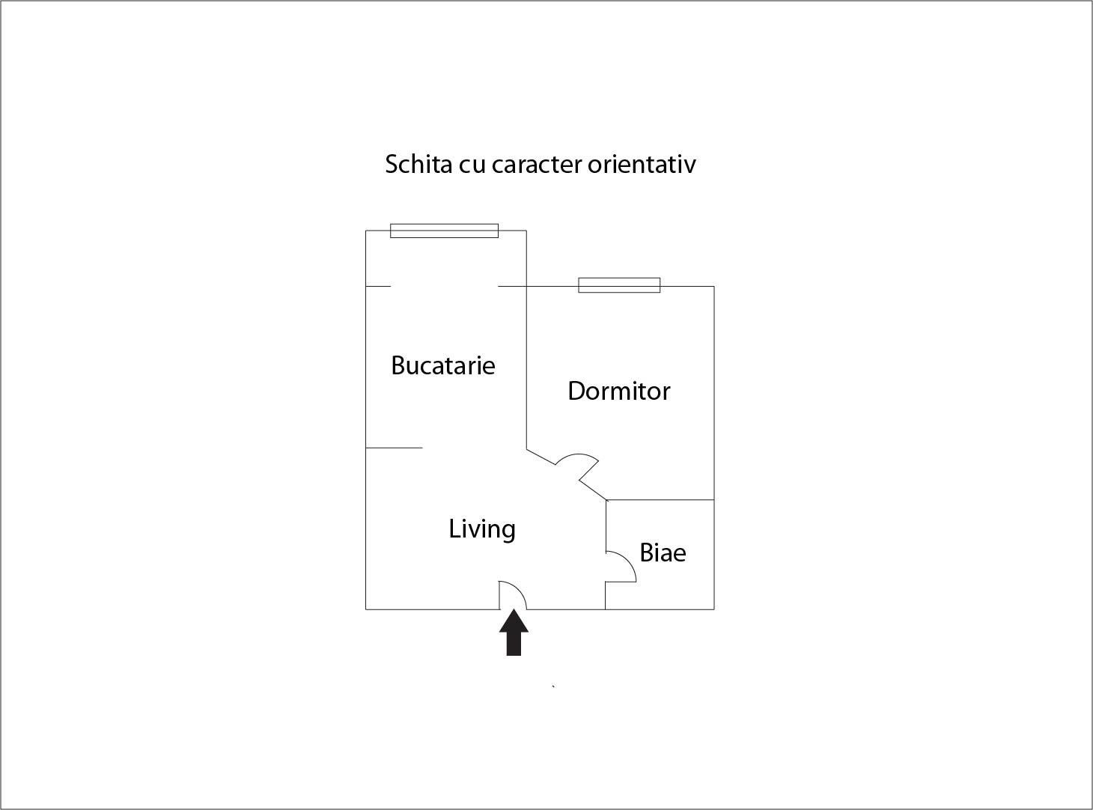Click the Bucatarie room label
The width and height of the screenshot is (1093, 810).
pyautogui.click(x=443, y=365)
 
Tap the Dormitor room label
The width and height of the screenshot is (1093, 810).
pyautogui.click(x=619, y=391)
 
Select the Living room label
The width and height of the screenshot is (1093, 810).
pyautogui.click(x=482, y=530)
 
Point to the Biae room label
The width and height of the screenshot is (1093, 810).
pyautogui.click(x=663, y=552)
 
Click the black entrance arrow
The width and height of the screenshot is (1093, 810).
pyautogui.click(x=514, y=633)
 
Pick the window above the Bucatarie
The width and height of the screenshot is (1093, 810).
pyautogui.click(x=444, y=231)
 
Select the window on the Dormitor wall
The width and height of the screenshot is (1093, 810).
pyautogui.click(x=619, y=285)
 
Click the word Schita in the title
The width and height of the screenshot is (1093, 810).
pyautogui.click(x=418, y=164)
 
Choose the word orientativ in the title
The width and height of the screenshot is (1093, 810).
pyautogui.click(x=642, y=164)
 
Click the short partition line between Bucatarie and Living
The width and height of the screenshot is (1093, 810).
pyautogui.click(x=394, y=448)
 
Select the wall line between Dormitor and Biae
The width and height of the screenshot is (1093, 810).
pyautogui.click(x=660, y=500)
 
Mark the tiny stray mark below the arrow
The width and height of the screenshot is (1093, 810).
pyautogui.click(x=553, y=686)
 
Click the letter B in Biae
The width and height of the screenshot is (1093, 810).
pyautogui.click(x=647, y=552)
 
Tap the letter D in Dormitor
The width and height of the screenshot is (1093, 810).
pyautogui.click(x=576, y=391)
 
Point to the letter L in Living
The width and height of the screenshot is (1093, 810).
pyautogui.click(x=454, y=529)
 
